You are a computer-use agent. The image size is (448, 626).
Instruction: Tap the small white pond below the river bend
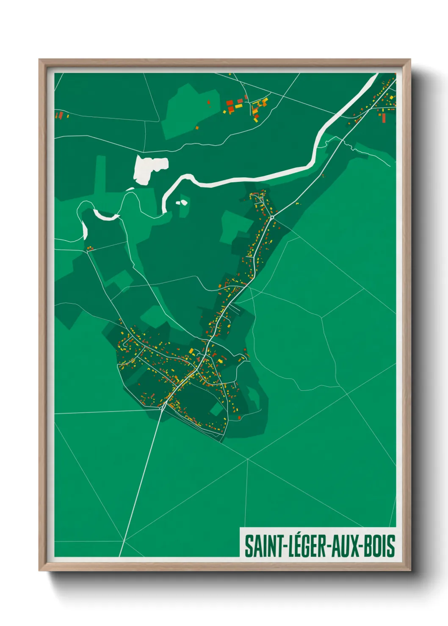(183, 202)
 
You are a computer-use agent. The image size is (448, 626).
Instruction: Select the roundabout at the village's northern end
(272, 217)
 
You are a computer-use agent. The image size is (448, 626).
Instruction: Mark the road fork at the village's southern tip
(163, 407)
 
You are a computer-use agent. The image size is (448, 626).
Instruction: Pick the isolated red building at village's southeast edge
(239, 418)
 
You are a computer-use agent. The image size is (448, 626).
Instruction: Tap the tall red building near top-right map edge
(383, 117)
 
